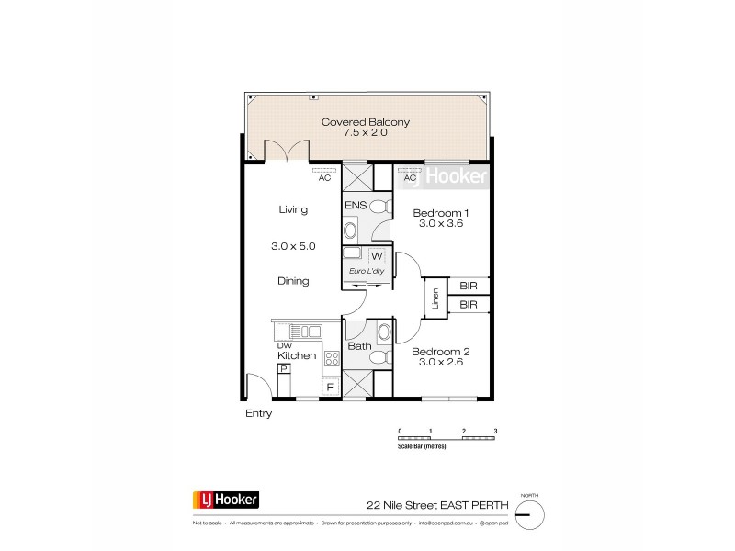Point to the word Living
292,210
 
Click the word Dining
293,281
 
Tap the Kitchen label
298,355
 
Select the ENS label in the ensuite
356,207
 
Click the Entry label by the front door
258,414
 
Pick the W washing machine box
377,256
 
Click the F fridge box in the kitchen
330,388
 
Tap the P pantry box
284,369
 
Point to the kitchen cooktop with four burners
328,360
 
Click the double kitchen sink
303,331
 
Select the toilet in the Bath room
383,332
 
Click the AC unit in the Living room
323,171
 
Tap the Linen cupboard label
432,300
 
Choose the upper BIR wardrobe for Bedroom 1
469,286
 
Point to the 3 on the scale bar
495,431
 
